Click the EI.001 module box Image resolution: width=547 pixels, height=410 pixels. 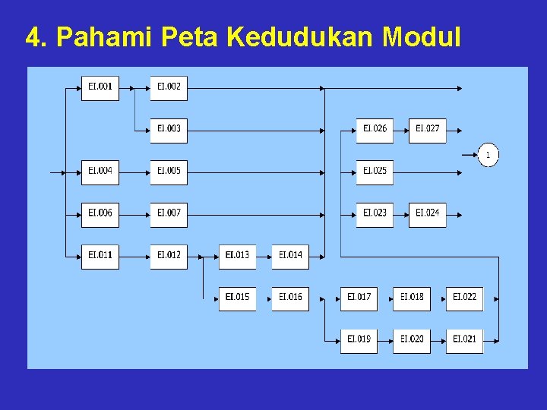pyautogui.click(x=100, y=87)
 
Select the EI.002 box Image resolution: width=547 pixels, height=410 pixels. pyautogui.click(x=169, y=87)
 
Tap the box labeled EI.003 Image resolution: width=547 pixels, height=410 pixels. pyautogui.click(x=169, y=129)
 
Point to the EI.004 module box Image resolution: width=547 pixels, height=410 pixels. pyautogui.click(x=100, y=172)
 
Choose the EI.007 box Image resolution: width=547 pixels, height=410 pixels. pyautogui.click(x=169, y=213)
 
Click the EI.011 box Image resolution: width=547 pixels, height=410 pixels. pyautogui.click(x=100, y=255)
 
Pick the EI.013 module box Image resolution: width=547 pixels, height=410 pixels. pyautogui.click(x=237, y=255)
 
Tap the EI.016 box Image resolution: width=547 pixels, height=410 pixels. pyautogui.click(x=290, y=297)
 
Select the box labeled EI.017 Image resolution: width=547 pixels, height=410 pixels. pyautogui.click(x=359, y=297)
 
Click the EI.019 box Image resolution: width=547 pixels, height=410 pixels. pyautogui.click(x=359, y=339)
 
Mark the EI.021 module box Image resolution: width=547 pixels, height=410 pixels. pyautogui.click(x=464, y=339)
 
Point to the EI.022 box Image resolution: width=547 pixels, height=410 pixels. pyautogui.click(x=464, y=297)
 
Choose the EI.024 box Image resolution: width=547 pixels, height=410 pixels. pyautogui.click(x=428, y=213)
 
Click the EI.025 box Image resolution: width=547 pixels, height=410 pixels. pyautogui.click(x=375, y=172)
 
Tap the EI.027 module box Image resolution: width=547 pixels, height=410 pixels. pyautogui.click(x=428, y=129)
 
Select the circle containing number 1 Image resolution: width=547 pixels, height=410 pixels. pyautogui.click(x=489, y=156)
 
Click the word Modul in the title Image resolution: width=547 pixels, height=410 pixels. pyautogui.click(x=422, y=36)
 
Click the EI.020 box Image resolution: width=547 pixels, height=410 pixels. pyautogui.click(x=412, y=339)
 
